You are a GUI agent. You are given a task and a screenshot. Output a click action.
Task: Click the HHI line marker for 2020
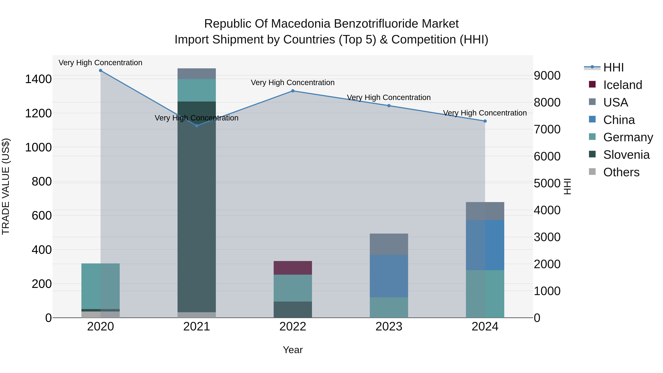[100, 71]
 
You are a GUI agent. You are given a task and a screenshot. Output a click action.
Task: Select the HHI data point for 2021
[197, 126]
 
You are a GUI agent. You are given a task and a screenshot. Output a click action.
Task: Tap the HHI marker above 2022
[293, 91]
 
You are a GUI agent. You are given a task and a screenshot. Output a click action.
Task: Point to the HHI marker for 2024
[485, 121]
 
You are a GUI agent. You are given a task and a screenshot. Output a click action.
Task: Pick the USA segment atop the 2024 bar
[485, 211]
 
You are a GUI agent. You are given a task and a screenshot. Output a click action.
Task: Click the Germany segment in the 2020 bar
[100, 286]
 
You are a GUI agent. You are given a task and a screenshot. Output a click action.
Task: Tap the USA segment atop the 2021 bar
[197, 74]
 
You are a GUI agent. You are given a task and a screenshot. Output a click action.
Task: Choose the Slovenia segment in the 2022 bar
[293, 309]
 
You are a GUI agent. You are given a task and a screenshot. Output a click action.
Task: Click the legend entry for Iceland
[622, 85]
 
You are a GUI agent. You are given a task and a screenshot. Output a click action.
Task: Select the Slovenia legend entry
[626, 155]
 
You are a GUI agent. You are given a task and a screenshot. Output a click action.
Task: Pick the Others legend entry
[621, 172]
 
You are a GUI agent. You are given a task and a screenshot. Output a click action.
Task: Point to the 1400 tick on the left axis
[38, 79]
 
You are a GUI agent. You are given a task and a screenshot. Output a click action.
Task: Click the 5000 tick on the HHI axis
[547, 183]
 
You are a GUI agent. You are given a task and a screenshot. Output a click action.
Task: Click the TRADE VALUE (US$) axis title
[6, 186]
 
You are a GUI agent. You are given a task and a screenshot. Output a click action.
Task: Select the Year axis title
[293, 350]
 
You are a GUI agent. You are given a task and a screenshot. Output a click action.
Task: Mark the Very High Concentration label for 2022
[293, 83]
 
